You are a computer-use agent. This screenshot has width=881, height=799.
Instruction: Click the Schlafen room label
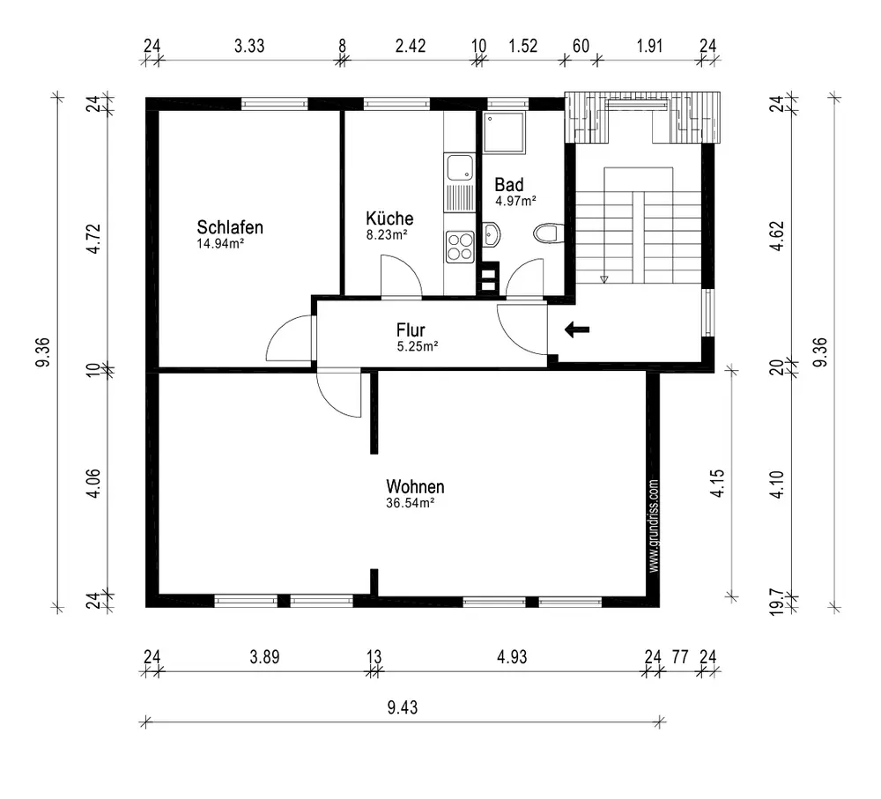[230, 227]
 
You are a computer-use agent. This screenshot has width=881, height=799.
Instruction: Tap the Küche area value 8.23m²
[387, 235]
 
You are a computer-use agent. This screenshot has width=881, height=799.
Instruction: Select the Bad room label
[509, 184]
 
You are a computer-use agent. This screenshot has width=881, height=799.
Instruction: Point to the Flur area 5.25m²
[418, 346]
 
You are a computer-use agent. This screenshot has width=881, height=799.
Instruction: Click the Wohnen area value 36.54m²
[411, 503]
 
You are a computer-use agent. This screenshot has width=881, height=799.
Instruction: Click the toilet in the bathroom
[548, 233]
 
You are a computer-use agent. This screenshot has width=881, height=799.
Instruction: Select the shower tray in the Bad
[505, 133]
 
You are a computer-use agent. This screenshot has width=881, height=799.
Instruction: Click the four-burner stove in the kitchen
[460, 247]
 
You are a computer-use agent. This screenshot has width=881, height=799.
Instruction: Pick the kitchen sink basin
[460, 167]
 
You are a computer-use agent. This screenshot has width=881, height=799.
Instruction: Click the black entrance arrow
[577, 329]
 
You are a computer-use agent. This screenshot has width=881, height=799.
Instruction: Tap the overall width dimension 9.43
[403, 707]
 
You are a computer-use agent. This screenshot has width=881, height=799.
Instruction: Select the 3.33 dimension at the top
[249, 46]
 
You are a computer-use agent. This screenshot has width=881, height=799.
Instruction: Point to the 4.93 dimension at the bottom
[512, 656]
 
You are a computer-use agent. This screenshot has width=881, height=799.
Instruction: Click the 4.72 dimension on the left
[93, 238]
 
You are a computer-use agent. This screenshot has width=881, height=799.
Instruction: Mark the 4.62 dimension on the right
[776, 236]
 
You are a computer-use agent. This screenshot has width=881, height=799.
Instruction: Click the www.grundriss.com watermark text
[654, 526]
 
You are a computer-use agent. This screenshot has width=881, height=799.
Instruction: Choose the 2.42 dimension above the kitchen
[411, 46]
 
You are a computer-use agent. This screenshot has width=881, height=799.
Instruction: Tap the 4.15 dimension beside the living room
[717, 484]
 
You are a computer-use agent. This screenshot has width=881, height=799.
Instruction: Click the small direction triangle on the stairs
[604, 278]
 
